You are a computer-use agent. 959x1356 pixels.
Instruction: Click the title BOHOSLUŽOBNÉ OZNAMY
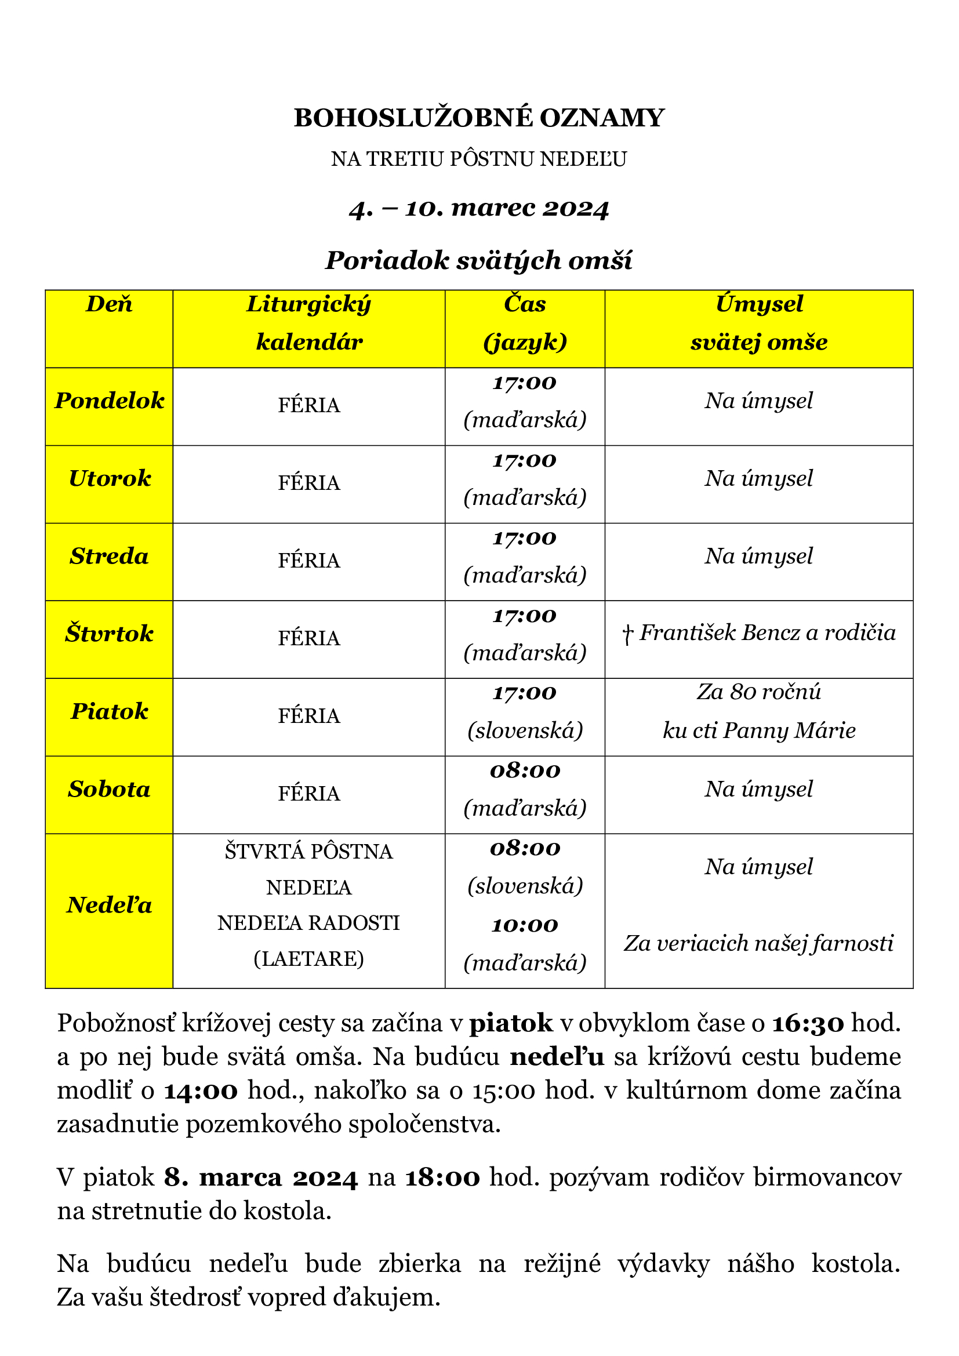coord(479,118)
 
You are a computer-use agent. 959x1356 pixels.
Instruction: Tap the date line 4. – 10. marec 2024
coord(479,209)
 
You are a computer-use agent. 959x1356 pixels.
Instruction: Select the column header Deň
coord(109,305)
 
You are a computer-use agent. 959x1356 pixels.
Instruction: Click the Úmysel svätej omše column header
coord(759,323)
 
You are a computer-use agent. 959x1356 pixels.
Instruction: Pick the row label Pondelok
coord(109,401)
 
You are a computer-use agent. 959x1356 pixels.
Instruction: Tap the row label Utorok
coord(109,479)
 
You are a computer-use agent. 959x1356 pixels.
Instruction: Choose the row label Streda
coord(109,557)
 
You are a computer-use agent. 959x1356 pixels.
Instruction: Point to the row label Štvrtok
coord(109,634)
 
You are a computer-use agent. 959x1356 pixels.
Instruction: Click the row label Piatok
coord(109,712)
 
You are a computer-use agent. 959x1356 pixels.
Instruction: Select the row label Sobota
coord(109,790)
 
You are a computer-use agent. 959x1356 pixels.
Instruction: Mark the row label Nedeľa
coord(109,906)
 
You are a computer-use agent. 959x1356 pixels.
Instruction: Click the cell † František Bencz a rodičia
coord(759,634)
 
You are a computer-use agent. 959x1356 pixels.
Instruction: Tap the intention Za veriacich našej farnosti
coord(759,944)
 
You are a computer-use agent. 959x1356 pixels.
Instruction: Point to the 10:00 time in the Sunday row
coord(524,925)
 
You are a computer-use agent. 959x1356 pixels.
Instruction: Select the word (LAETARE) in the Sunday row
coord(309,958)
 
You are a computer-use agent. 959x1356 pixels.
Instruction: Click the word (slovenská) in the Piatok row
coord(524,731)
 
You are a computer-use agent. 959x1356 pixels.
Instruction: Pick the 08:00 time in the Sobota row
coord(524,770)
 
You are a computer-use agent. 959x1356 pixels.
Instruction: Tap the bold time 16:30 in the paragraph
coord(808,1023)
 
